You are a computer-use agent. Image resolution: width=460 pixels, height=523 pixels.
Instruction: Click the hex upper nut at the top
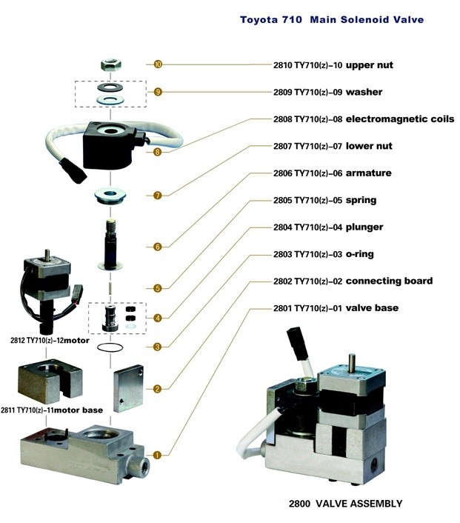coord(111,64)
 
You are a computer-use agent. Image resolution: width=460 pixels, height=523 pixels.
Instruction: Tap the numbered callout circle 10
coord(158,64)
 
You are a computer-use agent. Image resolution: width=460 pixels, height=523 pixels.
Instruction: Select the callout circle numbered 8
coord(158,152)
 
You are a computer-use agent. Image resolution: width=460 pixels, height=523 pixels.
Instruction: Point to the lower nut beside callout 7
coord(110,195)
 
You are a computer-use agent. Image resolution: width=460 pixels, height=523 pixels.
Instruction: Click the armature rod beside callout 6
coord(110,244)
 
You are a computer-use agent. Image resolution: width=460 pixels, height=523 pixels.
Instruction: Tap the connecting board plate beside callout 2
coord(128,388)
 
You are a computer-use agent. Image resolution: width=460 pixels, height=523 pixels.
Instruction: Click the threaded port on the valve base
coord(143,464)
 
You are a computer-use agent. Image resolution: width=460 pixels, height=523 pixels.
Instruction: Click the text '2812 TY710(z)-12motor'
coord(50,341)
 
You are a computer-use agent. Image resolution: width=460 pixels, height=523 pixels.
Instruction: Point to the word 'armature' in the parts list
coord(369,173)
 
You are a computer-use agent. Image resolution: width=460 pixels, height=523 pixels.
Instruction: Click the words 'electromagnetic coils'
coord(400,119)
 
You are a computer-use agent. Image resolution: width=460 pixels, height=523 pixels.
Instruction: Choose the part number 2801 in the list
coord(282,308)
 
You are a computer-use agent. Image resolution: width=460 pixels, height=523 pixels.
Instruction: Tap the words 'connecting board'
coord(390,281)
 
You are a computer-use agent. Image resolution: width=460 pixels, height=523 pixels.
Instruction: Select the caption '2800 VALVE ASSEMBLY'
coord(346,503)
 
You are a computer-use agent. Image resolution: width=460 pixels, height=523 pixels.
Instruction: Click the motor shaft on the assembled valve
coord(352,361)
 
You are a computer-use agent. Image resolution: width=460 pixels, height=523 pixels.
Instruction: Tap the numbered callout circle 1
coord(158,455)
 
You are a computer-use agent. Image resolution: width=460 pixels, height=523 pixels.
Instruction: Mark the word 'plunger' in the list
coord(364,227)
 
